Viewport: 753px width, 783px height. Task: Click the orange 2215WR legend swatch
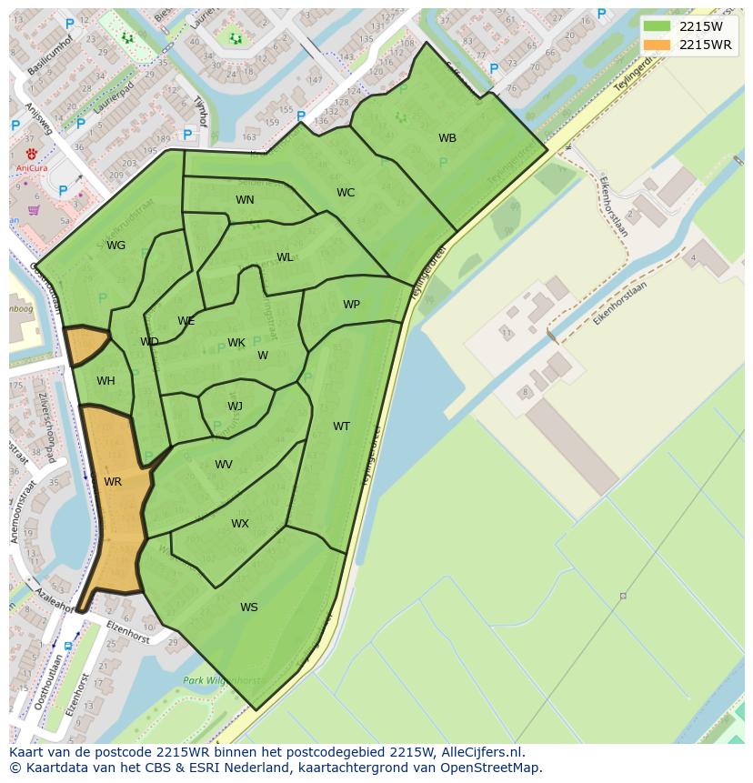coord(657,45)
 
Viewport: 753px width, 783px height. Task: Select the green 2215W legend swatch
coord(657,26)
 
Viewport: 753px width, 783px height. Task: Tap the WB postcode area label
coord(447,138)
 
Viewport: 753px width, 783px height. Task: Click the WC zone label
coord(346,193)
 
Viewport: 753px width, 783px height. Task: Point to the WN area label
coord(245,200)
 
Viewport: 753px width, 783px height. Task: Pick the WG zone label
coord(116,246)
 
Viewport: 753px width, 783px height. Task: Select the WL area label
coord(285,257)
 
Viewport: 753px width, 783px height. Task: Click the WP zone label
coord(351,305)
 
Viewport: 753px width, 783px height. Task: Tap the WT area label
coord(341,427)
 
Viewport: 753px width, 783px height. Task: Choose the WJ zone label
coord(235,407)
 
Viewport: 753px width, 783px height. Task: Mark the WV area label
coord(224,465)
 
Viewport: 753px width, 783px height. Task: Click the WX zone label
coord(239,524)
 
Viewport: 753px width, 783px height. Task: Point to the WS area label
coord(249,607)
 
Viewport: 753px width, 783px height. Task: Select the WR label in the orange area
coord(113,482)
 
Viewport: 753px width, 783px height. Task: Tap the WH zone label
coord(105,381)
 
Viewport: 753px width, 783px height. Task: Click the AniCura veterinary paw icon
coord(33,152)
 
